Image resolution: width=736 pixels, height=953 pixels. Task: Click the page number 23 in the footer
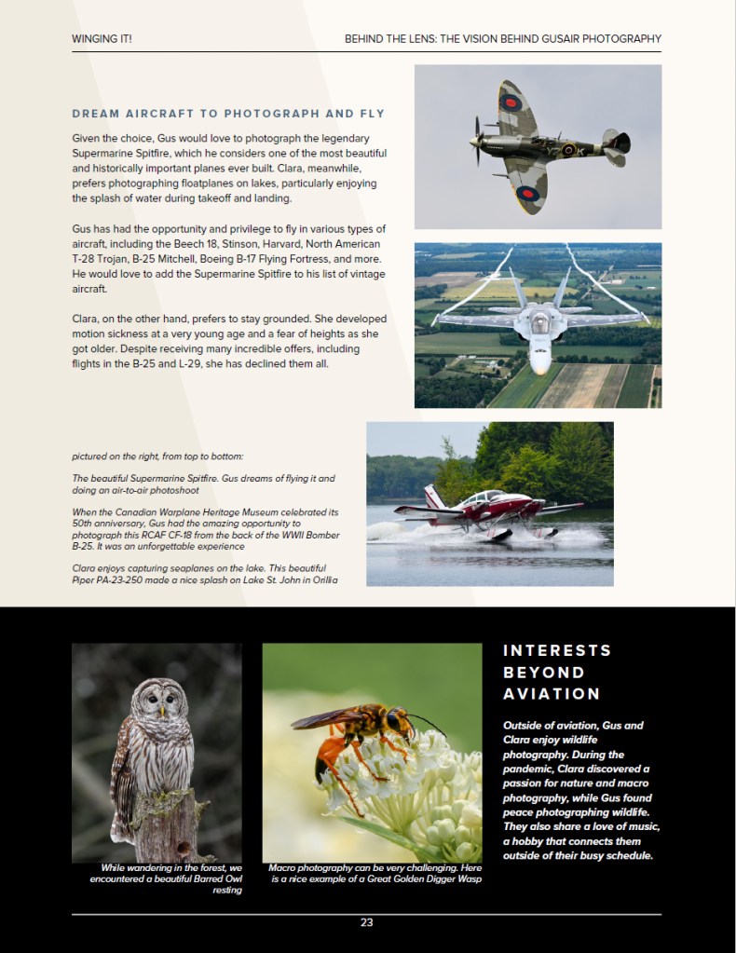click(x=367, y=923)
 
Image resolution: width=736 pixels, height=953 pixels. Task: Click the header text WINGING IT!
click(x=102, y=39)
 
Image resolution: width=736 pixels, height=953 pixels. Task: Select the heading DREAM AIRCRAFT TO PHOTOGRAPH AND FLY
click(x=228, y=115)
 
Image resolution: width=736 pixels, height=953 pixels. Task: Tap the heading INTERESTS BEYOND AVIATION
click(x=557, y=672)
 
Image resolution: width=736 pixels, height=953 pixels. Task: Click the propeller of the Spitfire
click(x=477, y=140)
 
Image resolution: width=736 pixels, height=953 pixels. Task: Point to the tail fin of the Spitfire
click(x=616, y=143)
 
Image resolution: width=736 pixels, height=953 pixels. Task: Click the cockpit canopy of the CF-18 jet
click(x=538, y=322)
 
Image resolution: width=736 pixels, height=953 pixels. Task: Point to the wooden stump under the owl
click(x=166, y=820)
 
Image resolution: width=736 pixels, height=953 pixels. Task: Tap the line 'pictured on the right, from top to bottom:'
click(x=157, y=456)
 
